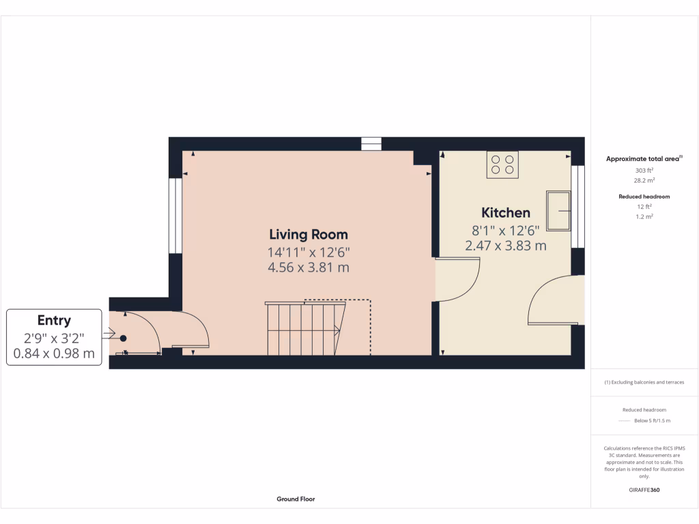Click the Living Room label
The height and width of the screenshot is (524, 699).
[308, 234]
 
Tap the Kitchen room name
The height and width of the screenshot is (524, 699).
[505, 212]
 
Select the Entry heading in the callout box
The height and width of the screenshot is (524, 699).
[54, 321]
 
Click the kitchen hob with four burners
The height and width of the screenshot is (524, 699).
[502, 164]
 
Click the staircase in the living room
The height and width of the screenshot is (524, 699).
[304, 328]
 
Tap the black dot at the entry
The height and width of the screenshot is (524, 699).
[123, 338]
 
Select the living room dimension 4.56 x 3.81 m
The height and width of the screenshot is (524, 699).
[309, 267]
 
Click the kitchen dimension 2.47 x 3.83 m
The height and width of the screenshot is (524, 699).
[505, 246]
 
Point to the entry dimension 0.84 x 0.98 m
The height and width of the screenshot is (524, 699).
[54, 353]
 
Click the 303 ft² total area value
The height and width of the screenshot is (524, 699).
[644, 171]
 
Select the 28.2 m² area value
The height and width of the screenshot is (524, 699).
[644, 181]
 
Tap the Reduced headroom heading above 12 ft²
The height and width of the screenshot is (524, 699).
[644, 196]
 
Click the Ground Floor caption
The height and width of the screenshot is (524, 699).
[296, 499]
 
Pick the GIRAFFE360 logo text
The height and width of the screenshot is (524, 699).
[644, 490]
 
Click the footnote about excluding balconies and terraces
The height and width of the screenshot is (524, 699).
[644, 382]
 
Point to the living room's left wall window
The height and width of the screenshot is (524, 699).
[175, 216]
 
